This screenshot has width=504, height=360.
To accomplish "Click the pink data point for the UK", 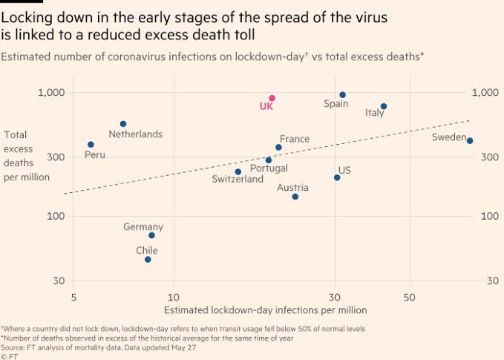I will point(272,98).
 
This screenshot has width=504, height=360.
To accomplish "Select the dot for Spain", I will point(342,95).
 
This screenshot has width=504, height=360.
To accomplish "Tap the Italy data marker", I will point(384,107).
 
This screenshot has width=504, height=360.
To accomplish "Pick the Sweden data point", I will point(470,141).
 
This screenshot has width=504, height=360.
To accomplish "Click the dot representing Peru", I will point(91,145).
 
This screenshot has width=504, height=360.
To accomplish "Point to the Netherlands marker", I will point(123,124).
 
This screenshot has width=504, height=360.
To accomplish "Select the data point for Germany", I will point(151,235).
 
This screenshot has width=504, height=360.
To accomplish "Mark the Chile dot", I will point(148,260).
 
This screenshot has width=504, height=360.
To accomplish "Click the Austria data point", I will point(295,197).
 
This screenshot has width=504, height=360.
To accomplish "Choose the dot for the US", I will point(337,177).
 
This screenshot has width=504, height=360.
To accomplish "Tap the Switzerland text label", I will point(238,180).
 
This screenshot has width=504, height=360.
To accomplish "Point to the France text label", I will point(295,139).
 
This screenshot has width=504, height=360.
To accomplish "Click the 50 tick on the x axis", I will point(409,298).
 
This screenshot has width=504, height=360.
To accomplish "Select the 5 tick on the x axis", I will point(73,298).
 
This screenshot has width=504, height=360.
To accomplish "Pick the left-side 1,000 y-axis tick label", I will point(52,93).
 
